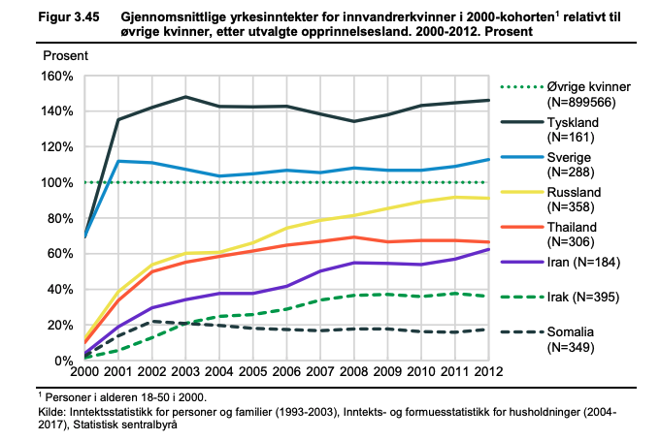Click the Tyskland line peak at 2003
[184, 97]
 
